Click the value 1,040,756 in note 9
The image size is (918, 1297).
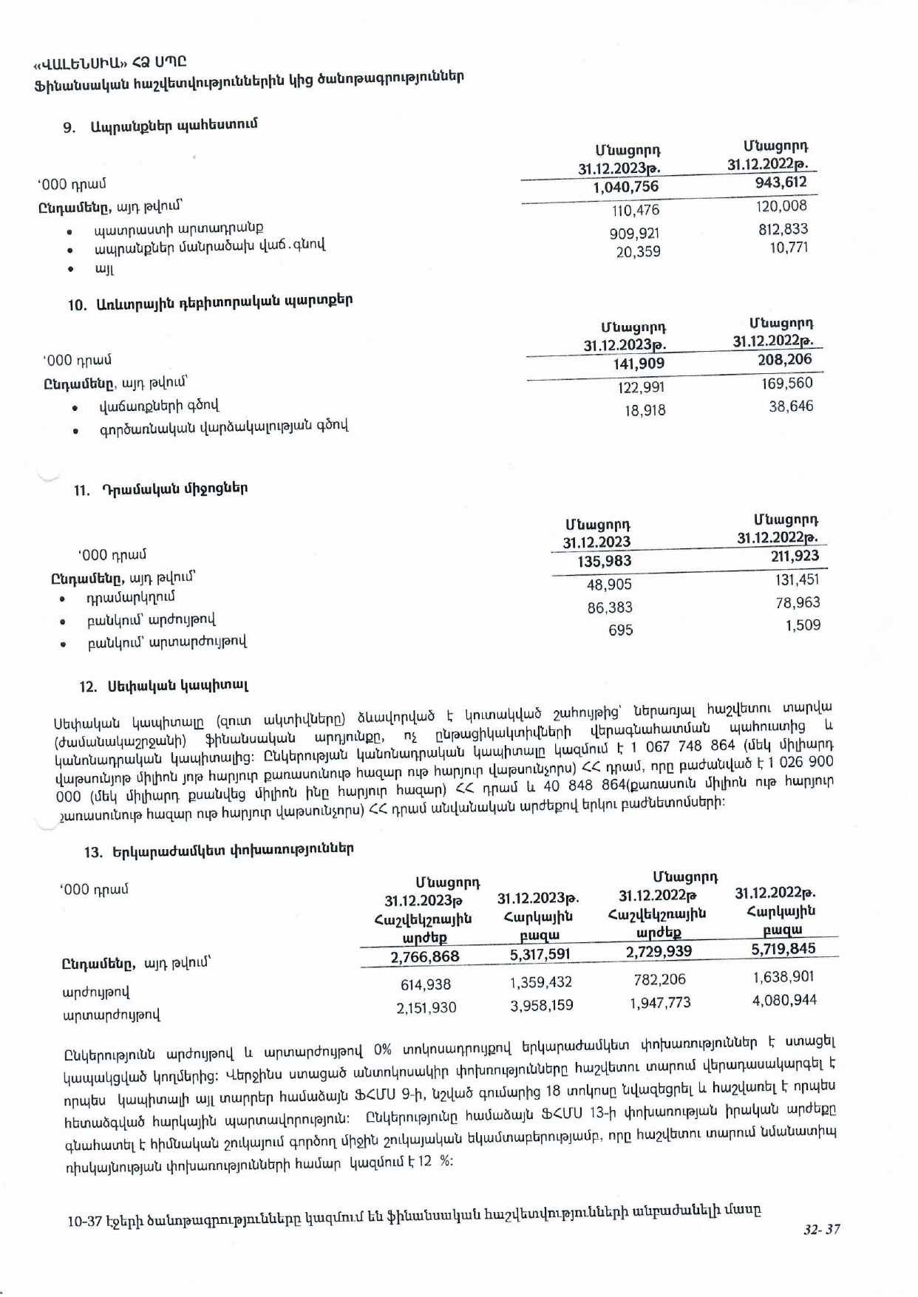click(625, 187)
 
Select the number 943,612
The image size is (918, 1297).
click(781, 183)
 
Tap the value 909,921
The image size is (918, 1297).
click(634, 234)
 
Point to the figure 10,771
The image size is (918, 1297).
click(789, 248)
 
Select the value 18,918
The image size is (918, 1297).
click(645, 410)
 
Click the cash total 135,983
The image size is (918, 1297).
click(604, 562)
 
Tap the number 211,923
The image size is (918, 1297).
click(795, 556)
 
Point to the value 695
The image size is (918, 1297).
click(620, 630)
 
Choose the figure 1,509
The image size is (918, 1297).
click(803, 625)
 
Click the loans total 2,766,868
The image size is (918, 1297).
click(424, 956)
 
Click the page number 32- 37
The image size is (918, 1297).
click(822, 1230)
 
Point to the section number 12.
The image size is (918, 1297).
click(88, 687)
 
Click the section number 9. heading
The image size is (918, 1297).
click(69, 127)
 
